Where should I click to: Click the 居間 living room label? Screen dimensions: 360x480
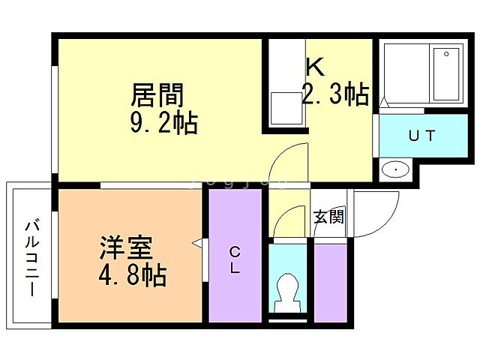[x=157, y=95]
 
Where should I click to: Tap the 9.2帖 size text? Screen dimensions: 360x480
[x=163, y=121]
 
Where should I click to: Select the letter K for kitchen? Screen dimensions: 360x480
[x=314, y=67]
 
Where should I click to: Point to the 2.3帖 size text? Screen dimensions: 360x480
[x=334, y=94]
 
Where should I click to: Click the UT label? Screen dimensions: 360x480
[x=421, y=136]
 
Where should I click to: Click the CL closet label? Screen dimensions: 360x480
[x=235, y=259]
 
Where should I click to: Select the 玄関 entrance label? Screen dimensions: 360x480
[x=328, y=217]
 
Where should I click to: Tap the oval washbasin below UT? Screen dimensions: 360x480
[x=394, y=169]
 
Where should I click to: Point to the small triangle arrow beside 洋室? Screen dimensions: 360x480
[x=197, y=244]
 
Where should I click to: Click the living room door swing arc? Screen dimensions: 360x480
[x=288, y=158]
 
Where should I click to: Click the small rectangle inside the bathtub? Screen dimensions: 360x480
[x=448, y=54]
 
